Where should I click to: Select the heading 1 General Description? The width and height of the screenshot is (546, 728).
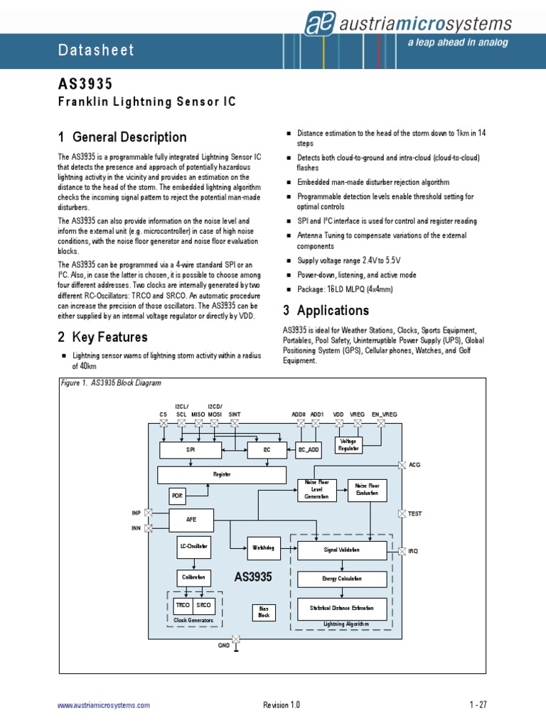point(122,137)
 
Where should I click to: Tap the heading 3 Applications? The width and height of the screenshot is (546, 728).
point(326,310)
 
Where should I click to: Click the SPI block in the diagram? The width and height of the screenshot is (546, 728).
point(190,450)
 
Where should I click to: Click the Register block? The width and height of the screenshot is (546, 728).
point(222,474)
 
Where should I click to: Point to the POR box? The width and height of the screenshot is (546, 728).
point(178,495)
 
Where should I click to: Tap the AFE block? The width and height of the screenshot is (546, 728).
point(191,520)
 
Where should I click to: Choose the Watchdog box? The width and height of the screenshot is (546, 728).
point(264,547)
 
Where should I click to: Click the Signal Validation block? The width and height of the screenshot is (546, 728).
point(342,550)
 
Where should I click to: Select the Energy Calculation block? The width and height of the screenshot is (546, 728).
point(342,579)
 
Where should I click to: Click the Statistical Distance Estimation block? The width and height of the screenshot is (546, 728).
point(342,609)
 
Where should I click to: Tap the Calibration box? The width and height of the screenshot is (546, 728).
point(193,578)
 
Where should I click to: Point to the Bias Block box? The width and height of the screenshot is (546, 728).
point(264,612)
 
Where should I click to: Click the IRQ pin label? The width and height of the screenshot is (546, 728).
point(414,552)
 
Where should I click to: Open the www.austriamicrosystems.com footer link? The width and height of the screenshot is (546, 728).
point(104,705)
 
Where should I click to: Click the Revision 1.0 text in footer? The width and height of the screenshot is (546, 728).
point(282,705)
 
